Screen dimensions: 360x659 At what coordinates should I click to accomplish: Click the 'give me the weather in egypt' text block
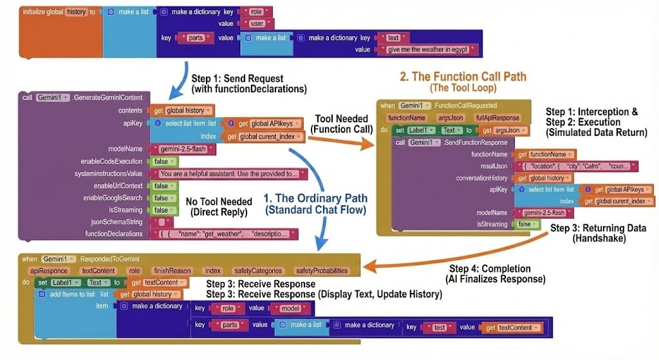pyautogui.click(x=431, y=50)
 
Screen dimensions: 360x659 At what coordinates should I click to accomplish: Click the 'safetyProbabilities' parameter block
pyautogui.click(x=322, y=271)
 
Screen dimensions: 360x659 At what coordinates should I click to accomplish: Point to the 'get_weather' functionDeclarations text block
pyautogui.click(x=226, y=234)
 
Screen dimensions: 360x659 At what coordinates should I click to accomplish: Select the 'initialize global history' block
pyautogui.click(x=58, y=12)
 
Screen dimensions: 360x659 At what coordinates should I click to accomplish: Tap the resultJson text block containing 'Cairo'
pyautogui.click(x=577, y=166)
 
